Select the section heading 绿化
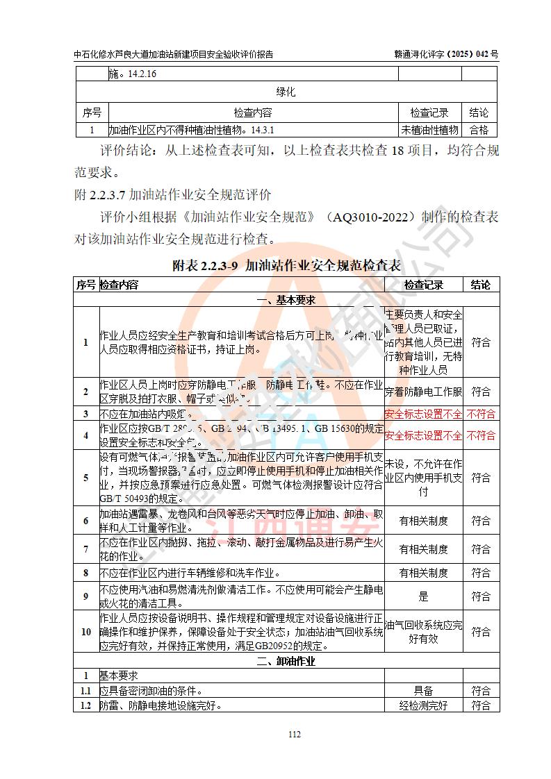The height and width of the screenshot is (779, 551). tap(286, 92)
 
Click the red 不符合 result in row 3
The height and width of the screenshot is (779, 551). tap(480, 414)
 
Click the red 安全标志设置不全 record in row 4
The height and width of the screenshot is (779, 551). tap(423, 435)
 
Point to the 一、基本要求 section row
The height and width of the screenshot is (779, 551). tap(286, 300)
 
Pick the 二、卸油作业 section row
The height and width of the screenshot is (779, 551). tap(286, 661)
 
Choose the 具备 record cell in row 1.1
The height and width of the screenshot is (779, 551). tap(423, 691)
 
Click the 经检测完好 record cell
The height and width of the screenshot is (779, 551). tap(423, 705)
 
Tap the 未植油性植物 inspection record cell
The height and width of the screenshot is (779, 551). tap(429, 129)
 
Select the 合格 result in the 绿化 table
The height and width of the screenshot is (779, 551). tap(479, 129)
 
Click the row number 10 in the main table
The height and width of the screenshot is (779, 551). tap(86, 632)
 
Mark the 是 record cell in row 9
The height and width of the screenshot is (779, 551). tap(423, 596)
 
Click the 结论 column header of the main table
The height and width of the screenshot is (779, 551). tap(480, 285)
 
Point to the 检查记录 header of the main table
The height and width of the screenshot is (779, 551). tap(423, 285)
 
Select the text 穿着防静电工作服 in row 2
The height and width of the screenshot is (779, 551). tap(423, 392)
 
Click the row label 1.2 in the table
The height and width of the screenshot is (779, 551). tap(86, 705)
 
